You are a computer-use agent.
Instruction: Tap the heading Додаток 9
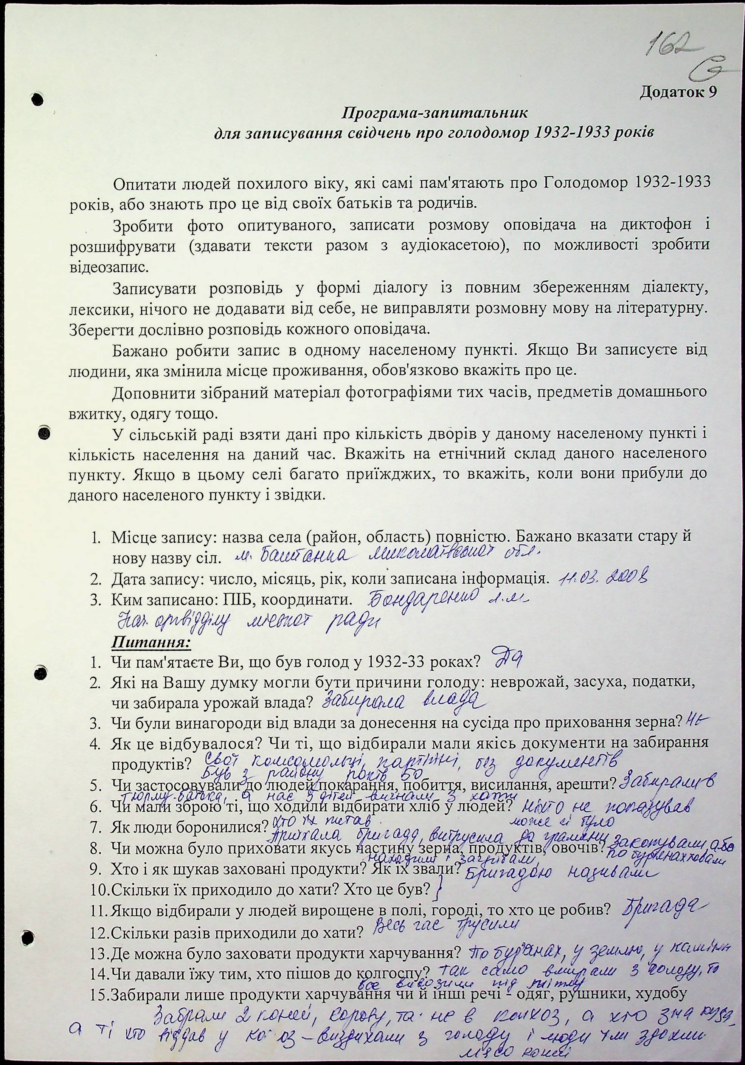tap(678, 92)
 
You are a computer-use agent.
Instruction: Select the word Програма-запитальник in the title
tap(435, 113)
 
